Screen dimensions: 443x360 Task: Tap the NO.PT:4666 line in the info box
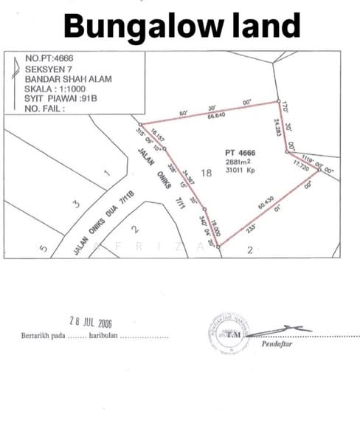49,58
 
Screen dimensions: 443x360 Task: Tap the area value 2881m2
238,163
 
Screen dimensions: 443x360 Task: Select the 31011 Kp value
240,172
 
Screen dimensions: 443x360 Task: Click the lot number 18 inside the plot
206,173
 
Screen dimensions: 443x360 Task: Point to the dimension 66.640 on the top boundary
216,117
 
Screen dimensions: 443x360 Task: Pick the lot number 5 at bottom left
43,249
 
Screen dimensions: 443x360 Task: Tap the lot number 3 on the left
76,203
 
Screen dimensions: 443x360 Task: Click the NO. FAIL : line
45,108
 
